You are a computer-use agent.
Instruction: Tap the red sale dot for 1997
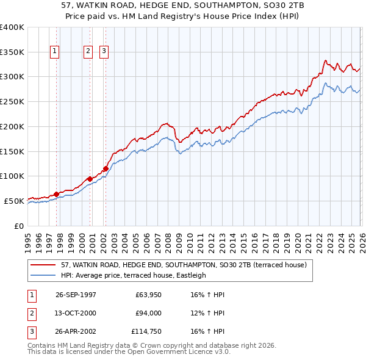tap(56, 194)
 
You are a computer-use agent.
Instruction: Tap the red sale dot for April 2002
tap(106, 168)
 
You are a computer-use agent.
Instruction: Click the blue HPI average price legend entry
tap(134, 275)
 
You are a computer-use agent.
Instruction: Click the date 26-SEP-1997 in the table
tap(76, 295)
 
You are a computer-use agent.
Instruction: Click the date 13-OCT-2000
tap(76, 314)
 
